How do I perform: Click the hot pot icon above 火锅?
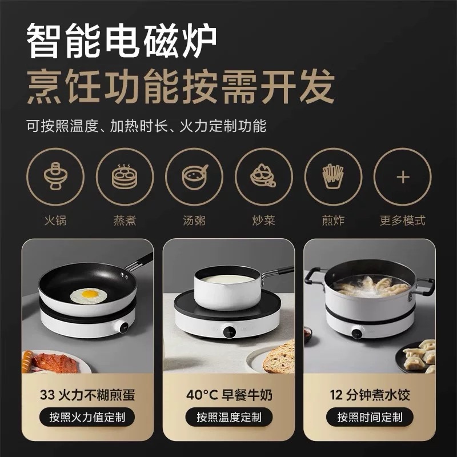(x=55, y=177)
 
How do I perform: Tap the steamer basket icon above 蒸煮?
(x=125, y=177)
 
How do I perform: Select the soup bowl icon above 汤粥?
(x=194, y=177)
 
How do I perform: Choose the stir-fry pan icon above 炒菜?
(x=263, y=175)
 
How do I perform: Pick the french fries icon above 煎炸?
(x=333, y=177)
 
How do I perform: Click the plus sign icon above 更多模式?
(x=403, y=177)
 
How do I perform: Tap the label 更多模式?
(x=403, y=221)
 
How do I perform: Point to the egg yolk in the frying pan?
(x=90, y=294)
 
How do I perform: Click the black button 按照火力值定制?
(x=87, y=417)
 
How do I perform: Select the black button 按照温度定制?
(x=229, y=417)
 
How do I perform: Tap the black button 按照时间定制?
(x=370, y=417)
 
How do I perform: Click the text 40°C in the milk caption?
(x=202, y=395)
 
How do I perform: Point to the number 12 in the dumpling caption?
(x=336, y=395)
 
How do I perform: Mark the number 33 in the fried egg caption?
(x=47, y=395)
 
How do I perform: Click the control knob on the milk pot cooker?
(x=230, y=331)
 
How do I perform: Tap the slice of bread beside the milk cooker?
(x=279, y=357)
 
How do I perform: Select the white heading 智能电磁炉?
(x=122, y=40)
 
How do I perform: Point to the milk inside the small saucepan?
(x=227, y=279)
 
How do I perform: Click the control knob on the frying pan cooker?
(x=125, y=327)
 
